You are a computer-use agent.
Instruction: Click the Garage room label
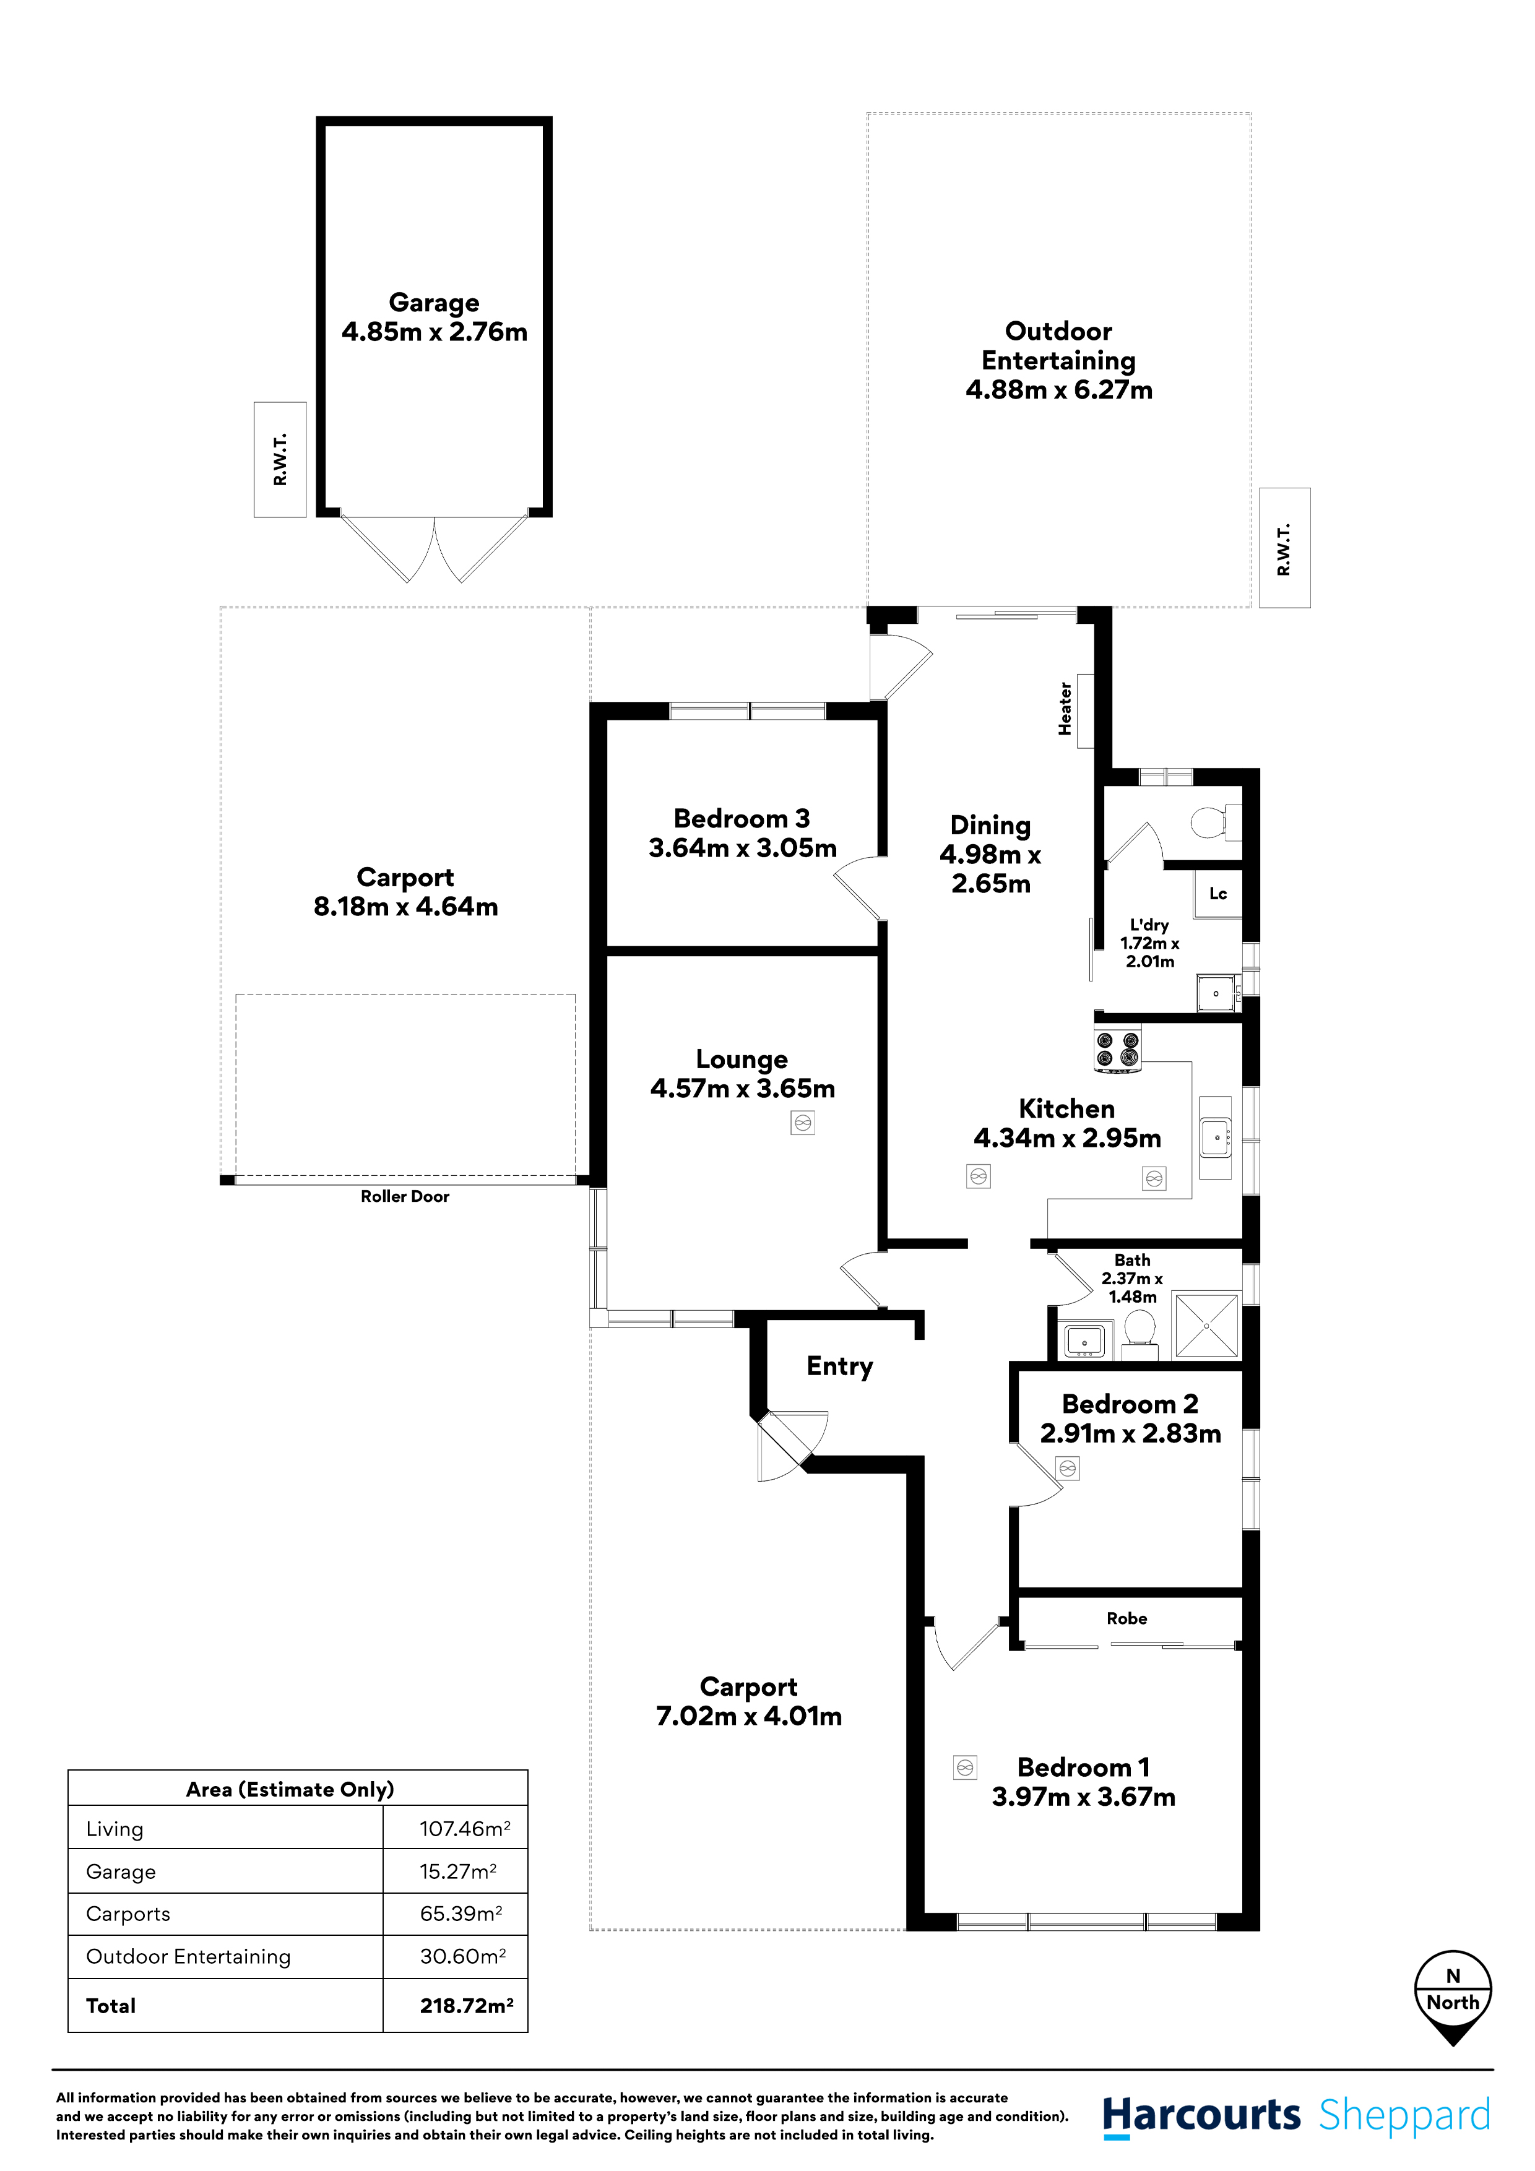point(433,303)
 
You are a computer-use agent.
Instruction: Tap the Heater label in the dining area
point(1065,709)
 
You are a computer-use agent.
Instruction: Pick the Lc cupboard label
point(1217,894)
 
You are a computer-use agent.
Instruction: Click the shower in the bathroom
point(1206,1326)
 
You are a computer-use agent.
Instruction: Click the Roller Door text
point(405,1196)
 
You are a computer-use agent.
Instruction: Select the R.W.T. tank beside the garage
point(280,460)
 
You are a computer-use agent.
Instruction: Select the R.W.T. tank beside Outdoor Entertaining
point(1284,548)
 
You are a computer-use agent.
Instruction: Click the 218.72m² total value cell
point(466,2006)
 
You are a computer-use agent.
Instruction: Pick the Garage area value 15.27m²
point(458,1871)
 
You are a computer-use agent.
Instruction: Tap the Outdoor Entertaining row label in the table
point(188,1956)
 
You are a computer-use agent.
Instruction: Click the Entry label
point(839,1366)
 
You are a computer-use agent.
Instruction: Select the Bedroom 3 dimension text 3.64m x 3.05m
point(743,848)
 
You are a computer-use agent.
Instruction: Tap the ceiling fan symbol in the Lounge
point(803,1123)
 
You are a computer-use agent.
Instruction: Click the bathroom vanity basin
point(1084,1340)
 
